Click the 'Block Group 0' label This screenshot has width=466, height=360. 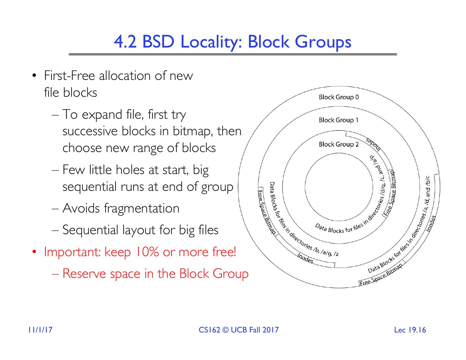338,97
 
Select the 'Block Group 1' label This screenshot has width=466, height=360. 338,120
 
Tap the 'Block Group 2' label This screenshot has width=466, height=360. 338,144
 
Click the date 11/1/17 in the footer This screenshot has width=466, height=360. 40,330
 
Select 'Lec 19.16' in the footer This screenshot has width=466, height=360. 410,330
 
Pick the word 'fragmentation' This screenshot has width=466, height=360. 141,208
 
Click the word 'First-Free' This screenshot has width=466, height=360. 69,76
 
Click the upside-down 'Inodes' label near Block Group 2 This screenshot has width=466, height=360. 374,144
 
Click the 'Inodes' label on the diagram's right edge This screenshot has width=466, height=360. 431,223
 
